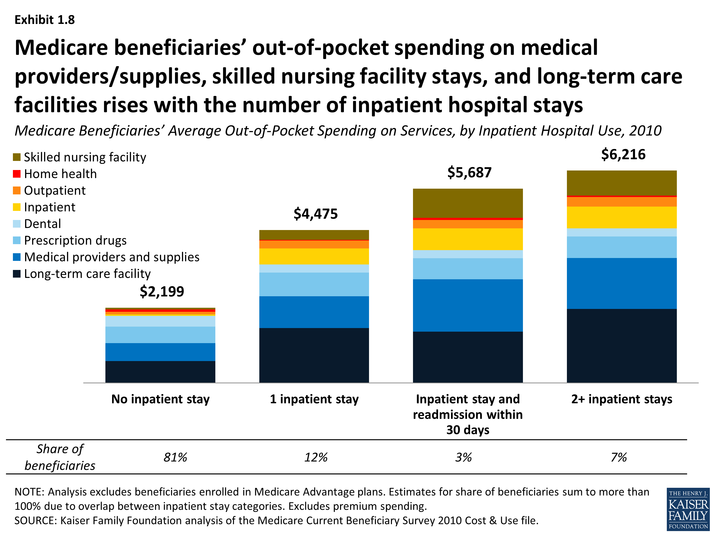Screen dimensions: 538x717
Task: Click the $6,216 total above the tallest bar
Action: [623, 154]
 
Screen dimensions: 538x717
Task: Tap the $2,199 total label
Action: [162, 291]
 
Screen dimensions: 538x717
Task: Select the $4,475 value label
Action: [315, 214]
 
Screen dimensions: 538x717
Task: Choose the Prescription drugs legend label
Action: [75, 240]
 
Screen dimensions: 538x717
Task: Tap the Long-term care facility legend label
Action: [87, 274]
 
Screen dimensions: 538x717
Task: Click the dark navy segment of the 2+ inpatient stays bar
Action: [621, 345]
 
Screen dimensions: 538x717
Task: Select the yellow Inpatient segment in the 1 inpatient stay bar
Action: [314, 256]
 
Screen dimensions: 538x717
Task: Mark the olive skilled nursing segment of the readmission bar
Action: [467, 203]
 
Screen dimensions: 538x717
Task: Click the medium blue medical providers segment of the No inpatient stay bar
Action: [160, 352]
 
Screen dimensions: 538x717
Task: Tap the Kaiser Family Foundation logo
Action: [688, 509]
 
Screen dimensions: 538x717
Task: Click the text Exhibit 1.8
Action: [45, 20]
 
